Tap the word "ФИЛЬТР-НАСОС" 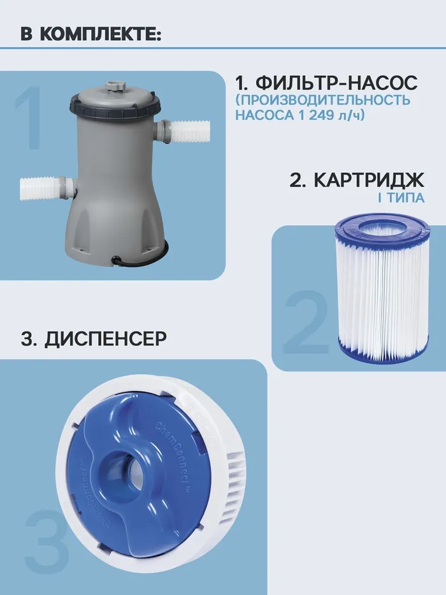tap(336, 82)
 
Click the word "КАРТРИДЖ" tap(369, 180)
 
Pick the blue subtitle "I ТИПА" tap(401, 198)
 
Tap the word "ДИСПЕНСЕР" tap(105, 339)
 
